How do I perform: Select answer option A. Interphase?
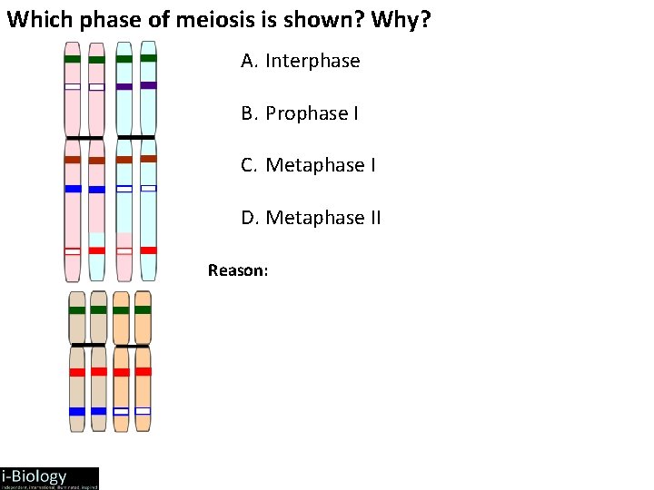click(301, 61)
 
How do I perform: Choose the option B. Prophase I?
click(300, 113)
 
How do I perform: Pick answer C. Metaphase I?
click(308, 165)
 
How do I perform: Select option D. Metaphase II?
click(311, 218)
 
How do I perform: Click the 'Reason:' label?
click(238, 269)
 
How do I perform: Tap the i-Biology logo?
click(49, 478)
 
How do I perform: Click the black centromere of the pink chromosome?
click(84, 138)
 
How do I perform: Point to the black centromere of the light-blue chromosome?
click(136, 137)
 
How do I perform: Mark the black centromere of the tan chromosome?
click(88, 345)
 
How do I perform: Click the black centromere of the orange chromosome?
click(132, 346)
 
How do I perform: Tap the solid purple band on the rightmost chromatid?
click(148, 85)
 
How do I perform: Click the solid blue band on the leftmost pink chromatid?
click(73, 189)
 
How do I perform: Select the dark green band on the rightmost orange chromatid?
click(143, 309)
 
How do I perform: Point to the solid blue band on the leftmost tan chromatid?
click(77, 411)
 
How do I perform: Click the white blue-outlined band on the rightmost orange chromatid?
click(143, 411)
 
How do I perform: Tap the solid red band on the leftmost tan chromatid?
click(77, 372)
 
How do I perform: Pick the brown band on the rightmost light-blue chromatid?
click(148, 159)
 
